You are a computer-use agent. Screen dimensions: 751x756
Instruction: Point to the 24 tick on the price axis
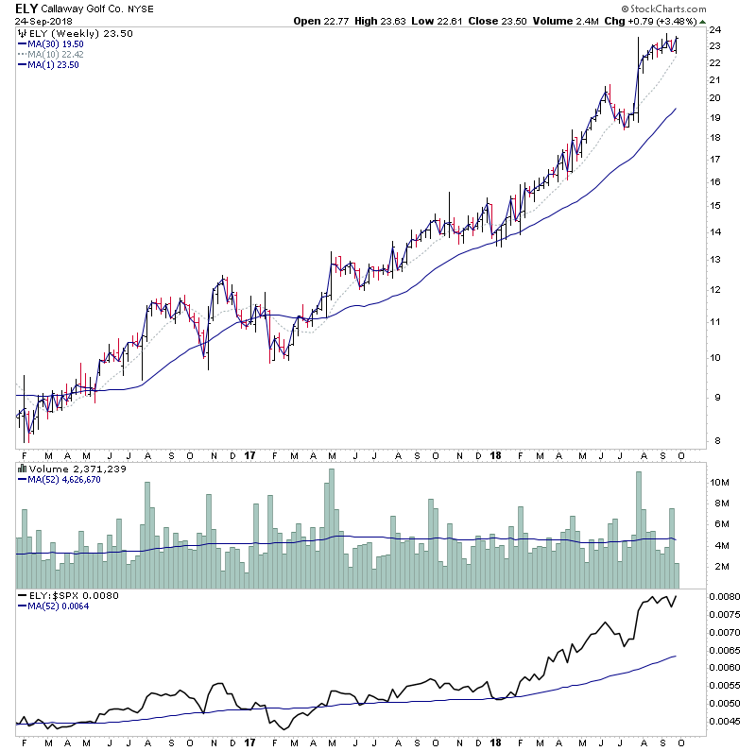[x=715, y=31]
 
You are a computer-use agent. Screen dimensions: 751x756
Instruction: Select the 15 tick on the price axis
[x=715, y=206]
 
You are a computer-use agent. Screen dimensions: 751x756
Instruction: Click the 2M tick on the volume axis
[x=719, y=567]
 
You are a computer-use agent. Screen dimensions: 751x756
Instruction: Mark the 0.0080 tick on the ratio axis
[x=727, y=597]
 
